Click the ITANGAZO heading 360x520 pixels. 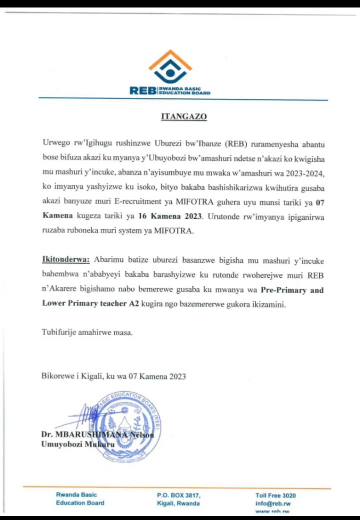coord(183,117)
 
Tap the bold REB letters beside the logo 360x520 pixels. coord(143,90)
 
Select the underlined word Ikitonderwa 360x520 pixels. coord(65,260)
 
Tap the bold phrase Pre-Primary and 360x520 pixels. coord(285,290)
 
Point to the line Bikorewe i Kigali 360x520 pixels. coord(113,376)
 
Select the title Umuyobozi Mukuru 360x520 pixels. coord(77,444)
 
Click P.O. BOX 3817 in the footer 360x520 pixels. coord(178,495)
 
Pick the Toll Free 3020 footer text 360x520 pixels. coord(275,495)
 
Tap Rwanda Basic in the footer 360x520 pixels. coord(76,495)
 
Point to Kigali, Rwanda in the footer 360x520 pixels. coord(178,503)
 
